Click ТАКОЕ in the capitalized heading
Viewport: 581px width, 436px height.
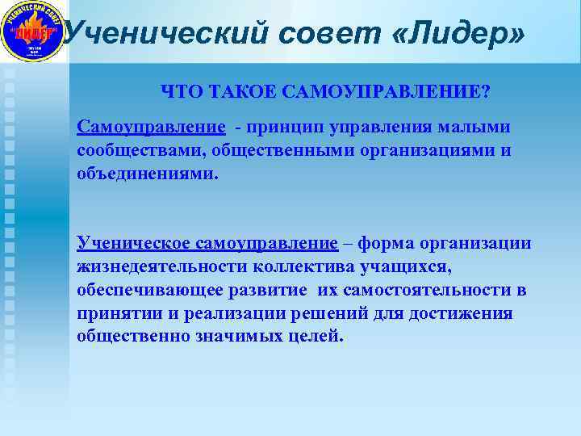click(x=236, y=91)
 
